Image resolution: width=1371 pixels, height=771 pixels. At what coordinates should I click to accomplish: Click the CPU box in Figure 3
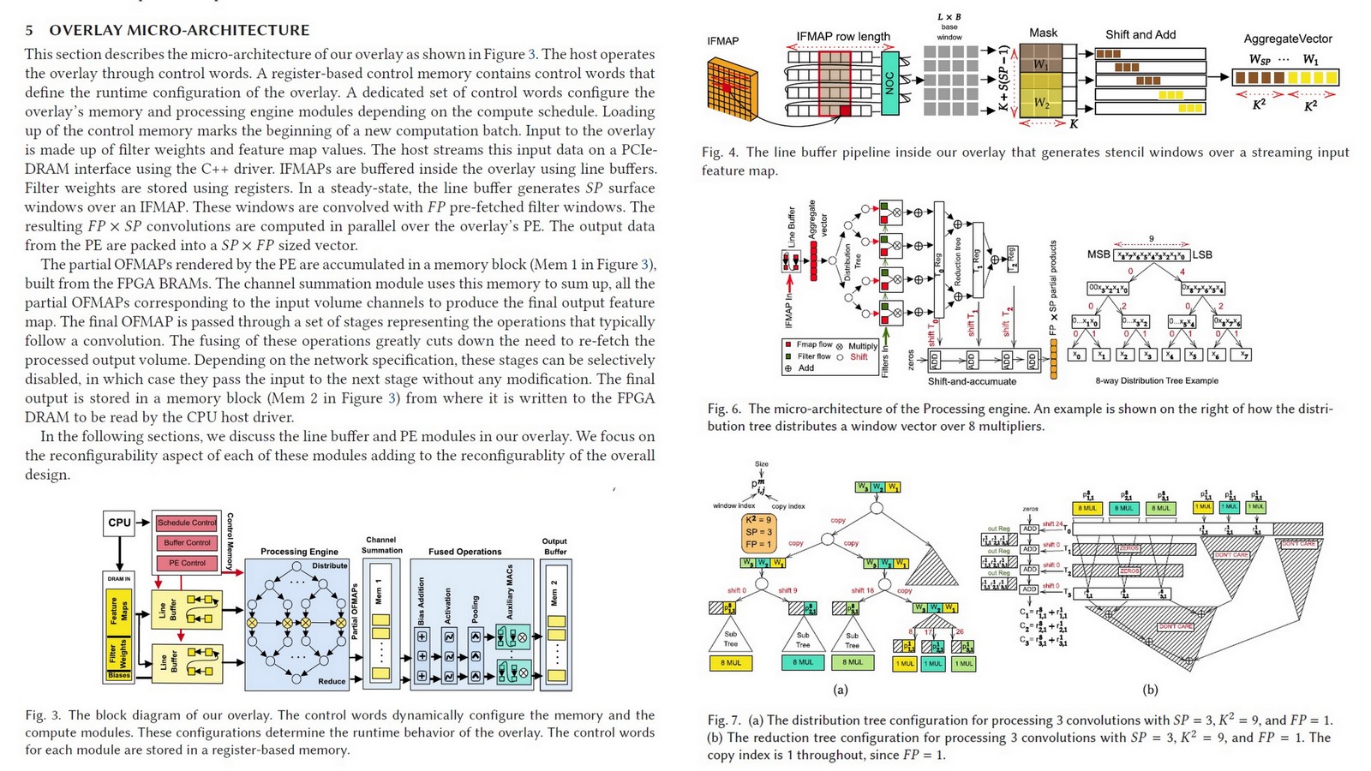pyautogui.click(x=119, y=523)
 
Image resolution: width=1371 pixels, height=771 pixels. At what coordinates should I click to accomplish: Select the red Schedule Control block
pyautogui.click(x=187, y=523)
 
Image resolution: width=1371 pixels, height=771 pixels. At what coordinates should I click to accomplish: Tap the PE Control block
pyautogui.click(x=187, y=563)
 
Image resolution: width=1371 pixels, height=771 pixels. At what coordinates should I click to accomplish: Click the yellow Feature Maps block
pyautogui.click(x=118, y=610)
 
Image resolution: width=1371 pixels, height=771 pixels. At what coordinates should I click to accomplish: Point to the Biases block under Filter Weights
pyautogui.click(x=119, y=675)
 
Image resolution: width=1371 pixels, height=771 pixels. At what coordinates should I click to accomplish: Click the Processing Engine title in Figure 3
pyautogui.click(x=299, y=552)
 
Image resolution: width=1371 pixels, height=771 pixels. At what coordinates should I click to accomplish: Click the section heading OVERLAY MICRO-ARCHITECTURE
pyautogui.click(x=178, y=30)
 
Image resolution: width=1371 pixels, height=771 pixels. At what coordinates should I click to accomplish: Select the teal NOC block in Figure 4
pyautogui.click(x=889, y=82)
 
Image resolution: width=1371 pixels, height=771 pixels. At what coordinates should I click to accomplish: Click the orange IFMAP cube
pyautogui.click(x=733, y=90)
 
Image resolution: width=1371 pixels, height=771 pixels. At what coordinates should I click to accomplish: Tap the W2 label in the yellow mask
pyautogui.click(x=1040, y=103)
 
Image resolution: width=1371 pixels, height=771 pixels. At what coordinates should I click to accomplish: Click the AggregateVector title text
pyautogui.click(x=1287, y=39)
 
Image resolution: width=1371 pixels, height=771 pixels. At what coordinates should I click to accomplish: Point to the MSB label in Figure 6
pyautogui.click(x=1099, y=254)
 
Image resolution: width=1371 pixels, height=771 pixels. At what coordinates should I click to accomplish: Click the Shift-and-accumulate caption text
pyautogui.click(x=972, y=381)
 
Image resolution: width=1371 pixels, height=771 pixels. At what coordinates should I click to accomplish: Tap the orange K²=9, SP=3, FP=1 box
pyautogui.click(x=758, y=532)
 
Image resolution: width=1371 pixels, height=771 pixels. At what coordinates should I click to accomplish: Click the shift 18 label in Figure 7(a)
pyautogui.click(x=863, y=590)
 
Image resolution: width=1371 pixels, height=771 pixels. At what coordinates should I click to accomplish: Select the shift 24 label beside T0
pyautogui.click(x=1052, y=524)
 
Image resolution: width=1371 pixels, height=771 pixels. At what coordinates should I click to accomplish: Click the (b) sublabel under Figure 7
pyautogui.click(x=1150, y=690)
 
